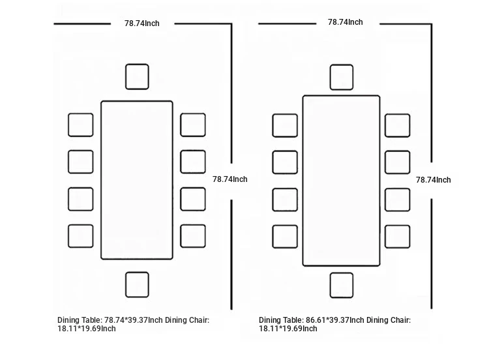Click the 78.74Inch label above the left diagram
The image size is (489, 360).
pyautogui.click(x=142, y=23)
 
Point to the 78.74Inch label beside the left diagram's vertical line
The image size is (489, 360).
pyautogui.click(x=230, y=179)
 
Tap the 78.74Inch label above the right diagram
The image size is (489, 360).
pyautogui.click(x=345, y=22)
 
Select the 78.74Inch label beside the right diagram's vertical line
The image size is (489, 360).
pyautogui.click(x=433, y=180)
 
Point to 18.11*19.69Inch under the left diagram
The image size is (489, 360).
pyautogui.click(x=87, y=329)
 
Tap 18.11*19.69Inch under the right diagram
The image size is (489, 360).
pyautogui.click(x=288, y=329)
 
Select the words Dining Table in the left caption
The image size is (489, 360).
pyautogui.click(x=79, y=320)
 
